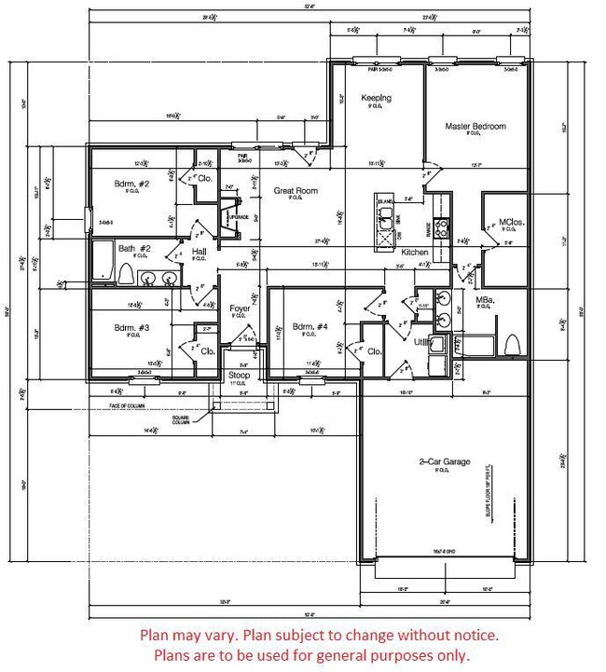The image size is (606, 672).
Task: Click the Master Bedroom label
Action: [x=475, y=126]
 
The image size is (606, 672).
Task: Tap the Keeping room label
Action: [x=376, y=98]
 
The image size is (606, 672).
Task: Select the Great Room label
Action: [x=295, y=191]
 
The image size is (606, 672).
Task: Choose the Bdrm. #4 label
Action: [x=310, y=327]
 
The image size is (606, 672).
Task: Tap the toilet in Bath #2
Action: [x=126, y=274]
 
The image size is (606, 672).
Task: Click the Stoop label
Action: [x=239, y=375]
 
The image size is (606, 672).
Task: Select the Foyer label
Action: [x=239, y=309]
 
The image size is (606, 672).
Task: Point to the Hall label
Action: [x=199, y=252]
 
